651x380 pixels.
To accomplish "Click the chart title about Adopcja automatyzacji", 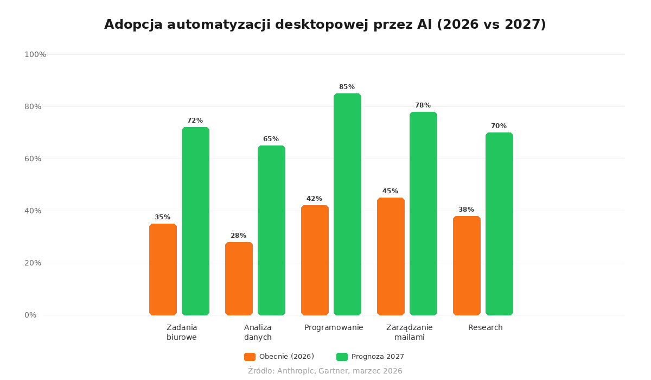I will point(325,25).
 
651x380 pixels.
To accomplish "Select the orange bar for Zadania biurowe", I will point(163,269).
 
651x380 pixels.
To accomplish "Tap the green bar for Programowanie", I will point(347,204).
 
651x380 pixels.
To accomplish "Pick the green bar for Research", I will point(499,224).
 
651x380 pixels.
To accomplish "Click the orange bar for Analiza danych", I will point(239,278).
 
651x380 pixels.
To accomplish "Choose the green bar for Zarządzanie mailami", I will point(423,213).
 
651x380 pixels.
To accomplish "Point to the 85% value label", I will point(347,87).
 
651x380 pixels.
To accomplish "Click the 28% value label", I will point(238,236).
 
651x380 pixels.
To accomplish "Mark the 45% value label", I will point(390,191).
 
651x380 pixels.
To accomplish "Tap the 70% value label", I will point(499,126).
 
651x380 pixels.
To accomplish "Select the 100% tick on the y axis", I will point(35,54).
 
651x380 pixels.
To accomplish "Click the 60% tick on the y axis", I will point(33,159).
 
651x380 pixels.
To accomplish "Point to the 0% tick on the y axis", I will point(30,315).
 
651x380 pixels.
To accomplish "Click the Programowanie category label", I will point(334,327).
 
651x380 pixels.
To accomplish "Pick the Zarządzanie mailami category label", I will point(410,332).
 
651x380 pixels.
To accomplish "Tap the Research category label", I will point(486,327).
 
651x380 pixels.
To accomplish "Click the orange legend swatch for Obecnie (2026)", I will point(250,357).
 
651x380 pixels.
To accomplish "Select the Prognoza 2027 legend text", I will point(378,357).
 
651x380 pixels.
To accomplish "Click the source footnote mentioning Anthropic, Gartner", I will point(325,371).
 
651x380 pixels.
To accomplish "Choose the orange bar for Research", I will point(467,265).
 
